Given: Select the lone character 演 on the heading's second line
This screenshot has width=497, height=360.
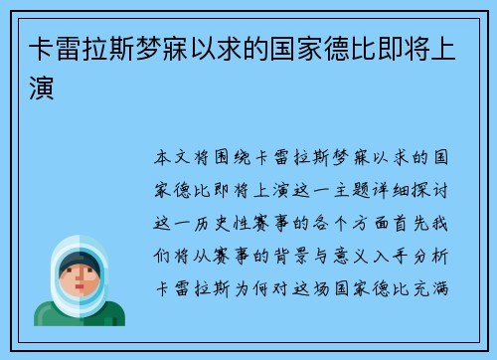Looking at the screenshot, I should (x=39, y=89).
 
